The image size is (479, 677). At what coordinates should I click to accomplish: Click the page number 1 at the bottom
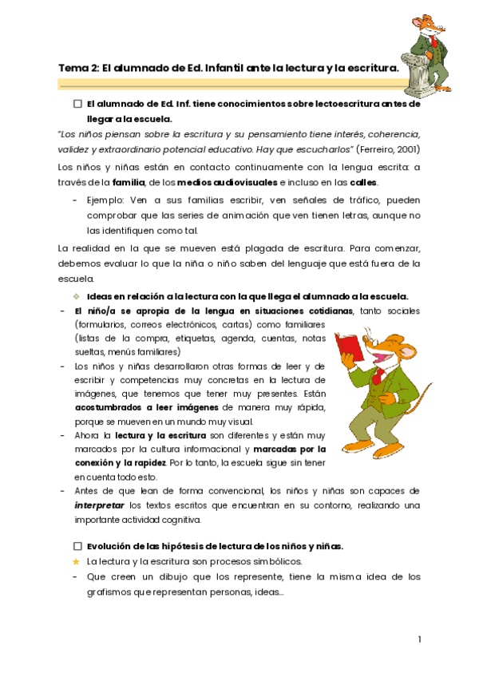pos(419,639)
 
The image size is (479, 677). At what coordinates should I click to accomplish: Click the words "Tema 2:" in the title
pos(78,69)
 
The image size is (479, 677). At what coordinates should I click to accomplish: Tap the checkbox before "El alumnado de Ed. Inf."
pos(77,104)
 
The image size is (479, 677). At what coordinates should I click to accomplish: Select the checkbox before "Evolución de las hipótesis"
pos(77,546)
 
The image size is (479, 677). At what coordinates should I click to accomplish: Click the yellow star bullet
pos(76,561)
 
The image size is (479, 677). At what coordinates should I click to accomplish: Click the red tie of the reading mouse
pos(378,375)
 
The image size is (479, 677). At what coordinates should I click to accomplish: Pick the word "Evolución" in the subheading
pos(111,546)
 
